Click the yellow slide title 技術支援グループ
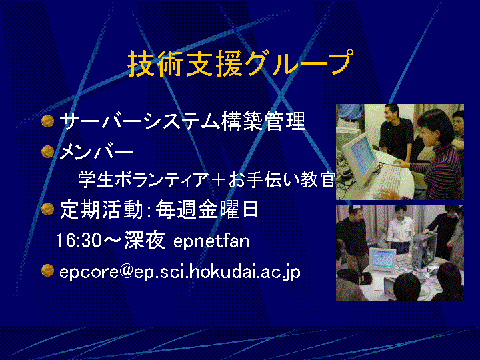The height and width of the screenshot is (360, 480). click(x=239, y=63)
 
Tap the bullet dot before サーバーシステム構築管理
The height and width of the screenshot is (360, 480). click(x=47, y=121)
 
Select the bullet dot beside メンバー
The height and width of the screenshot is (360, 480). click(x=47, y=151)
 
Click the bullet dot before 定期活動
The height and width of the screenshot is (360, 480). click(x=47, y=209)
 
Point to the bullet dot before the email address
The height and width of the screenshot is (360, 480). click(x=47, y=270)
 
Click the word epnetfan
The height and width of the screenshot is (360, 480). click(x=211, y=241)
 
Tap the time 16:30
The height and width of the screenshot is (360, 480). click(x=79, y=240)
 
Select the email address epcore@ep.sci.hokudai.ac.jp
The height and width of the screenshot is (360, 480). click(x=180, y=272)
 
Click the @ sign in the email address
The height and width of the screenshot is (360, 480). click(x=126, y=272)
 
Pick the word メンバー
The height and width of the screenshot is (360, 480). click(x=97, y=151)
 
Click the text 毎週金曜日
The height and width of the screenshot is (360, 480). click(x=207, y=210)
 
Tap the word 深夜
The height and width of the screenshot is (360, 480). click(x=145, y=240)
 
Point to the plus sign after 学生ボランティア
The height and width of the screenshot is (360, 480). click(x=218, y=180)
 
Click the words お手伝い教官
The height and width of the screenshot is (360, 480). click(x=281, y=180)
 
